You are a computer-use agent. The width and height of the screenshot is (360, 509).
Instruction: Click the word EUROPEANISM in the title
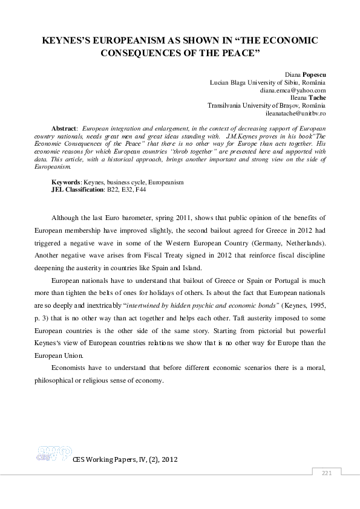[120, 39]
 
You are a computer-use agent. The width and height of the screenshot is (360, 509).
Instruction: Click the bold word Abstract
[64, 129]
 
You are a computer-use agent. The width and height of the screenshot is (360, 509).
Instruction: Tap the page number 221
[327, 472]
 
